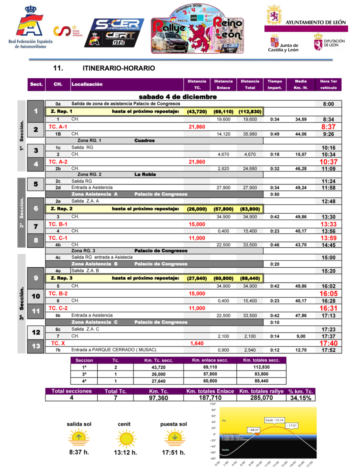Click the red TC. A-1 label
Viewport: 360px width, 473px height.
click(58, 127)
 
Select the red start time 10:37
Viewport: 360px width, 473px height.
click(328, 162)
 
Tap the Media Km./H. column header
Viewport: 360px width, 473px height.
click(301, 84)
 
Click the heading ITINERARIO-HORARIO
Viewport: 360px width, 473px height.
click(119, 68)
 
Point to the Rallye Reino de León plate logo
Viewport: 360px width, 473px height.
click(197, 29)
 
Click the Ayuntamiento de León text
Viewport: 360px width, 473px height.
click(315, 22)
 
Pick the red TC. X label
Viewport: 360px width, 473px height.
click(58, 343)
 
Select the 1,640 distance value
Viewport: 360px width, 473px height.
click(197, 343)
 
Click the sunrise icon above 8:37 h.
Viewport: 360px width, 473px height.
click(79, 437)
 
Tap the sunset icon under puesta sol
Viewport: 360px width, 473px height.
click(175, 437)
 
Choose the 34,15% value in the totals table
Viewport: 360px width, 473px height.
click(301, 398)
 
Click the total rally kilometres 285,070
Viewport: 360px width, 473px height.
click(261, 398)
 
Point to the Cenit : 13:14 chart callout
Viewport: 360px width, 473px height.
click(274, 420)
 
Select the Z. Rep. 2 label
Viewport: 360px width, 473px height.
click(61, 209)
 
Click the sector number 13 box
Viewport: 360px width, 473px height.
click(36, 346)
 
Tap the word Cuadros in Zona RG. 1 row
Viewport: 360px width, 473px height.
click(145, 140)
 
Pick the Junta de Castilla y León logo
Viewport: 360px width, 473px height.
click(283, 44)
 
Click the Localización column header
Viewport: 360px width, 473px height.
click(87, 84)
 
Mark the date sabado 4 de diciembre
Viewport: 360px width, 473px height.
click(178, 97)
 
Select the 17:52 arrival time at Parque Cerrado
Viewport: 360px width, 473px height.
click(328, 350)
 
